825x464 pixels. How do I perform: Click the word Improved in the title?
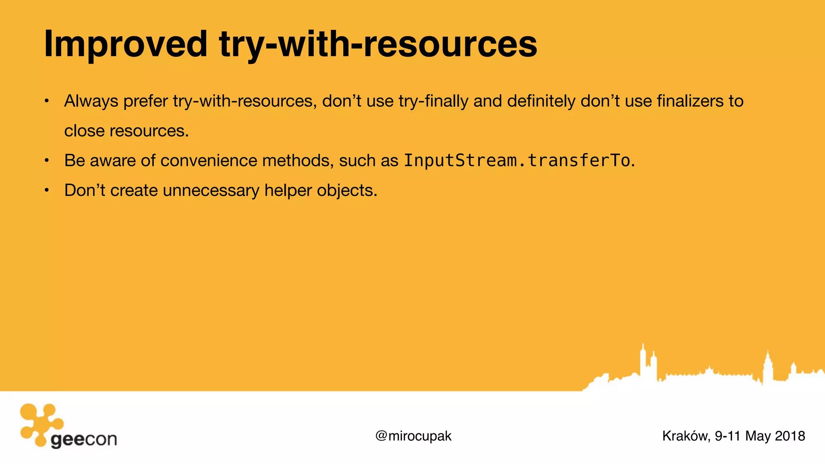[x=125, y=44]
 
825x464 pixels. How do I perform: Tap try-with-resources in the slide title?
[x=378, y=44]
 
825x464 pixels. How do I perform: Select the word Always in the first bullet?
[x=91, y=101]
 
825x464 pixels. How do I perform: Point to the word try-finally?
[x=433, y=101]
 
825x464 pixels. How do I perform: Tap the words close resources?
[x=126, y=131]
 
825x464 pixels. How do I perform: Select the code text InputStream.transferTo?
[x=517, y=161]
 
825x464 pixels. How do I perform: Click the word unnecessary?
[x=211, y=191]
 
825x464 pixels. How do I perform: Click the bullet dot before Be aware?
[x=47, y=161]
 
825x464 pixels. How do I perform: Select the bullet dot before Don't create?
[x=47, y=191]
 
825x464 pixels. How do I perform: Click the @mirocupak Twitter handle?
[x=413, y=436]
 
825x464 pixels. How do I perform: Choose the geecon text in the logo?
[x=84, y=439]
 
